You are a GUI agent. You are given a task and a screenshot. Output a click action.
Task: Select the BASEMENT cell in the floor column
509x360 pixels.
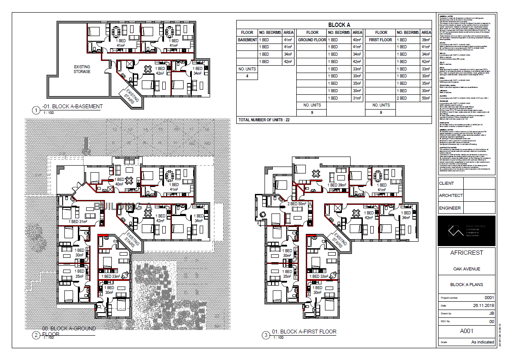click(x=247, y=40)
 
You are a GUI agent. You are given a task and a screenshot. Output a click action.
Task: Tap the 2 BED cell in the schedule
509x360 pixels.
click(x=402, y=98)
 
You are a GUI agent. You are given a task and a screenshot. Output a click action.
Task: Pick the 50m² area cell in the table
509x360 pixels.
click(x=426, y=98)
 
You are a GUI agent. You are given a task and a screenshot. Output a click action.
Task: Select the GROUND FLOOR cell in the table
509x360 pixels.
click(x=311, y=40)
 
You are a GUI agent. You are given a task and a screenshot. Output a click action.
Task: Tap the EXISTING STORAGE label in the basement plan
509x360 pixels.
click(x=82, y=69)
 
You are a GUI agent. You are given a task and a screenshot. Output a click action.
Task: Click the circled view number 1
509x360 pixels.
click(x=35, y=110)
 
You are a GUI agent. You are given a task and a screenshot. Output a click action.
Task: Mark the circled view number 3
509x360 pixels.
click(x=266, y=335)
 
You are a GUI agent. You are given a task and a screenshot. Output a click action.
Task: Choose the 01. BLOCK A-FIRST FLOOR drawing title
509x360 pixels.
click(x=304, y=332)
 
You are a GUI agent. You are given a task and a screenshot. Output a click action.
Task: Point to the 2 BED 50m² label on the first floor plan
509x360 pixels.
click(x=297, y=203)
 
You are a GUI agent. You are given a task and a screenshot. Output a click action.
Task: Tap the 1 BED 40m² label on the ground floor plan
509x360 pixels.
click(x=119, y=181)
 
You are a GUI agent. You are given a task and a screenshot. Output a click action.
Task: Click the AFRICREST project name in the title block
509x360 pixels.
click(x=466, y=253)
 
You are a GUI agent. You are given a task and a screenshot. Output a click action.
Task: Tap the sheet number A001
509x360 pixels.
click(x=466, y=331)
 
